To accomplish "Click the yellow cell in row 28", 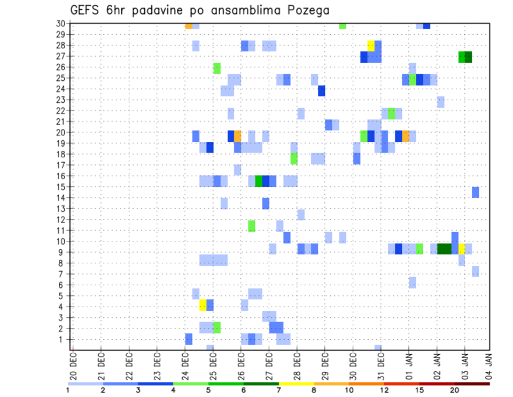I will pos(371,45).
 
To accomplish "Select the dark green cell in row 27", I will pos(469,57).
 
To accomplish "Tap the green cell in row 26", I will pos(216,68).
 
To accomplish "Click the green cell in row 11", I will pos(251,226).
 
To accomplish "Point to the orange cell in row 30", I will pos(189,26).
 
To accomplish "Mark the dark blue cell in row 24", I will pos(321,90).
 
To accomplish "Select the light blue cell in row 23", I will pos(440,102).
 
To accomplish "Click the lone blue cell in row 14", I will pos(475,192).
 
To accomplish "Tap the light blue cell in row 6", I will pos(412,282).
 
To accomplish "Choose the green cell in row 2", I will pos(216,327).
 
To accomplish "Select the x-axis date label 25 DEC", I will pos(213,365).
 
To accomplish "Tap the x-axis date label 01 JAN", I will pos(409,365).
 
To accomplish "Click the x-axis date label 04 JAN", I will pos(489,365).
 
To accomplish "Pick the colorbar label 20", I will pos(454,390).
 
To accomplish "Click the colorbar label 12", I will pos(384,390).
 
